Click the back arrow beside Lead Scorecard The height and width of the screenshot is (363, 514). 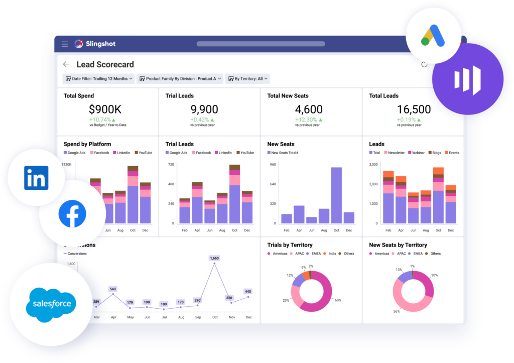coord(66,64)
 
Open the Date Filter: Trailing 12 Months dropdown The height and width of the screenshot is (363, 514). coord(98,79)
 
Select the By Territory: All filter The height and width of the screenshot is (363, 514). coord(247,79)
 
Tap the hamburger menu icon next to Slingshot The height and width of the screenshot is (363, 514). coord(65,44)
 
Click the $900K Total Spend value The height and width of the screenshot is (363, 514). coord(105,109)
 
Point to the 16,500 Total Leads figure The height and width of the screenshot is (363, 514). coord(414,109)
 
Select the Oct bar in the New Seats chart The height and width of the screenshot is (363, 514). coord(336,195)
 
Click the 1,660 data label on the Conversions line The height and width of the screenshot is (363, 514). coord(214,258)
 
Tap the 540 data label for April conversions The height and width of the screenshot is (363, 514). coord(112,289)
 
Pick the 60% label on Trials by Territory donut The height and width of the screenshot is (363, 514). coord(338,300)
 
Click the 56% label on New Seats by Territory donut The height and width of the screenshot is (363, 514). coord(397,311)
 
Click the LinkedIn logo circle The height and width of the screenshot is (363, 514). coord(36,178)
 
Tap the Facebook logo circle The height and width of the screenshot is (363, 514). coord(72,213)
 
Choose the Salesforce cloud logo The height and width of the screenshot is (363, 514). coord(52,304)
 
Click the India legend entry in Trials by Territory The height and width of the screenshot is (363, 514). coord(332,254)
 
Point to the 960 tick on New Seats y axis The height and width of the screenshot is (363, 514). coord(274,165)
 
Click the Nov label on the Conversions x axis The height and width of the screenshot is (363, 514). coord(231,317)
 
